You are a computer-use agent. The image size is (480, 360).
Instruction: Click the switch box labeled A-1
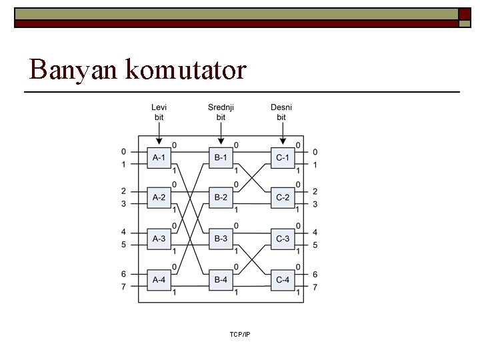[x=159, y=157]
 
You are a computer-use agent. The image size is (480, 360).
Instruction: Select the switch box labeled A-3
[x=159, y=239]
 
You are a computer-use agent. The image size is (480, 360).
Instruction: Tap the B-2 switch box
[x=221, y=197]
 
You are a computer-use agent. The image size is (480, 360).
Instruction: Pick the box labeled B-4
[x=221, y=279]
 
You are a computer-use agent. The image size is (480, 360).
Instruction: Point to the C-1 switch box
[x=283, y=157]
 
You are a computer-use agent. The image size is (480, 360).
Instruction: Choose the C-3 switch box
[x=283, y=239]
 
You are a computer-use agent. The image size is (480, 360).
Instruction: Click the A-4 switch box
[x=159, y=279]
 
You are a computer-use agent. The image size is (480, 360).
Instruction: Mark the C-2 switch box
[x=283, y=197]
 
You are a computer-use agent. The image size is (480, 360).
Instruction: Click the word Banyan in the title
[x=73, y=69]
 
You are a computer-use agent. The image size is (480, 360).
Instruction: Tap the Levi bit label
[x=159, y=112]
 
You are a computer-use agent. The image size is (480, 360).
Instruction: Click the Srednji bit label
[x=221, y=112]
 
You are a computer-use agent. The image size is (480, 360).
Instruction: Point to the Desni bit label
[x=281, y=112]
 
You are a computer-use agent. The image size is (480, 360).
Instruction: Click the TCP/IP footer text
[x=239, y=334]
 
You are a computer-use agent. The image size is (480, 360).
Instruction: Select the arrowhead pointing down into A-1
[x=159, y=141]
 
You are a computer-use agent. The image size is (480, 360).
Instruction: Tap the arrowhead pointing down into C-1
[x=283, y=141]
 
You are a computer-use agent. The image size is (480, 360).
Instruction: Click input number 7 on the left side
[x=123, y=287]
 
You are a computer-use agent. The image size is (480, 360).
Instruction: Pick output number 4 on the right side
[x=315, y=233]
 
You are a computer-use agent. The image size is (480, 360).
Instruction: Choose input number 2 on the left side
[x=123, y=191]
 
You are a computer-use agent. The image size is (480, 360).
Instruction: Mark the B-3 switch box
[x=221, y=239]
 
